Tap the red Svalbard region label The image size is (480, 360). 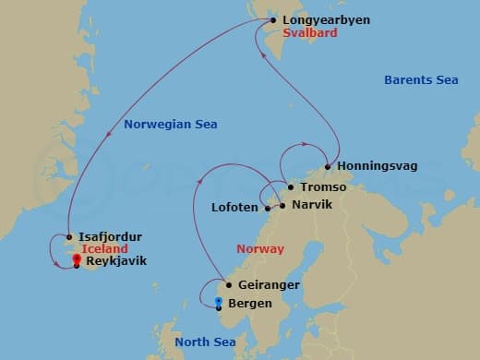coord(311,32)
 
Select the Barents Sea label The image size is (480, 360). coord(421,80)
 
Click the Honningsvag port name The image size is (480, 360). coord(378,166)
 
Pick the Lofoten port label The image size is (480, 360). coord(235,208)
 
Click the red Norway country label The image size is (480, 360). coord(260,249)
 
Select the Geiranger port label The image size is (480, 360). coord(269,285)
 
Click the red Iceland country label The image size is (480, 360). coord(103,249)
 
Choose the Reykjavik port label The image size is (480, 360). coord(115,261)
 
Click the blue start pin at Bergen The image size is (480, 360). coord(218,301)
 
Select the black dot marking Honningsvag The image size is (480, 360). coord(327,167)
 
